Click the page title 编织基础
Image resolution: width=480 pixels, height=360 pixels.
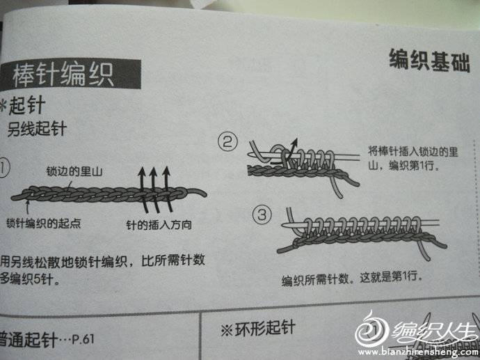429,61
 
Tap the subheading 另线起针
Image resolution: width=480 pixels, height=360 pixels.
37,129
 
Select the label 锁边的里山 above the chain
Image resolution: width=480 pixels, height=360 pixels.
74,171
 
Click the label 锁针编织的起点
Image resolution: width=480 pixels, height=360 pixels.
43,224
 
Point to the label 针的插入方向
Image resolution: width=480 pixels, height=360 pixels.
159,225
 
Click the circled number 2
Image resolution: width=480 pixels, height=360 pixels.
227,142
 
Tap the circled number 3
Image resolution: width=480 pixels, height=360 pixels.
262,214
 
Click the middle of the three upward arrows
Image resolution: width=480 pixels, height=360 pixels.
154,190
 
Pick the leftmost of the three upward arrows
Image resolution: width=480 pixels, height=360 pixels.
143,190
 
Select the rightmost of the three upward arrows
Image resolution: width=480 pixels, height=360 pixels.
167,189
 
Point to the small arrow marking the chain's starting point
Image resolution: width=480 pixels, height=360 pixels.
28,207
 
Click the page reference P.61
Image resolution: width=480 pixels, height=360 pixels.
83,339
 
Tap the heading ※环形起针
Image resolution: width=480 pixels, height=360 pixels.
258,329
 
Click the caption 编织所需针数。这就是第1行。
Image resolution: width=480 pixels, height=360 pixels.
352,279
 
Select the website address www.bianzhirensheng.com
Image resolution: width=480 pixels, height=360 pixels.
419,352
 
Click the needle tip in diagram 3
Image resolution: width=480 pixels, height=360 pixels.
283,225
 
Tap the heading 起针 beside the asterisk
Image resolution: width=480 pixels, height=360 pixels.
27,106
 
